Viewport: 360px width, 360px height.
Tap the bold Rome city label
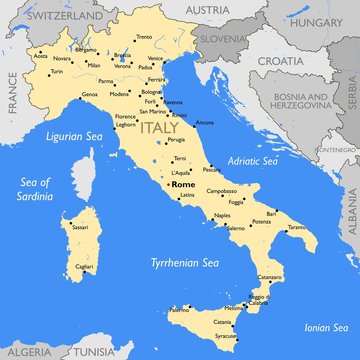[183, 185]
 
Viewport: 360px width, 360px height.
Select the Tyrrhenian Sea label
[183, 263]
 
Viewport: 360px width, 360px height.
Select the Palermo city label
[178, 310]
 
